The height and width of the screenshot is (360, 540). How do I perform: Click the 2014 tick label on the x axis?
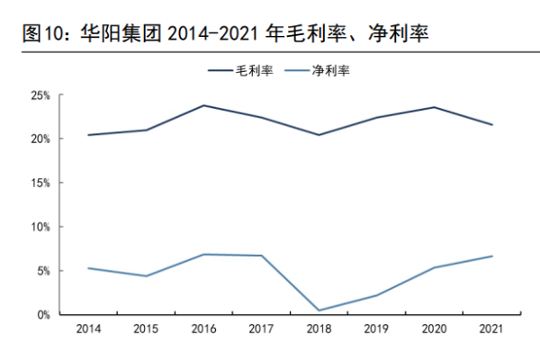point(88,330)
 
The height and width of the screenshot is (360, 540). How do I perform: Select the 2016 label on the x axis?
point(203,330)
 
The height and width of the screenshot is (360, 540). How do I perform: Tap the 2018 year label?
point(319,330)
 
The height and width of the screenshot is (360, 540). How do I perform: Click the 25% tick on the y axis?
point(40,94)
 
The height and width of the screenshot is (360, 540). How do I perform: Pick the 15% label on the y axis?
point(40,183)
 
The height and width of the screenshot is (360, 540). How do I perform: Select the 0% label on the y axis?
point(42,315)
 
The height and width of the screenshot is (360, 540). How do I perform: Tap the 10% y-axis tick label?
point(40,227)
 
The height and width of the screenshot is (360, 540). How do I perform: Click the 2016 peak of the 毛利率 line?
point(203,105)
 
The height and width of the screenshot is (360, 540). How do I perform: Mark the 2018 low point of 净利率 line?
point(319,310)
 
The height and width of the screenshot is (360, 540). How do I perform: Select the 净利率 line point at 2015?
point(146,276)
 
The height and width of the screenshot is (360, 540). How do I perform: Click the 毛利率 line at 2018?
point(319,135)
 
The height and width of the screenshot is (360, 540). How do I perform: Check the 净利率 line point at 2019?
point(377,295)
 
